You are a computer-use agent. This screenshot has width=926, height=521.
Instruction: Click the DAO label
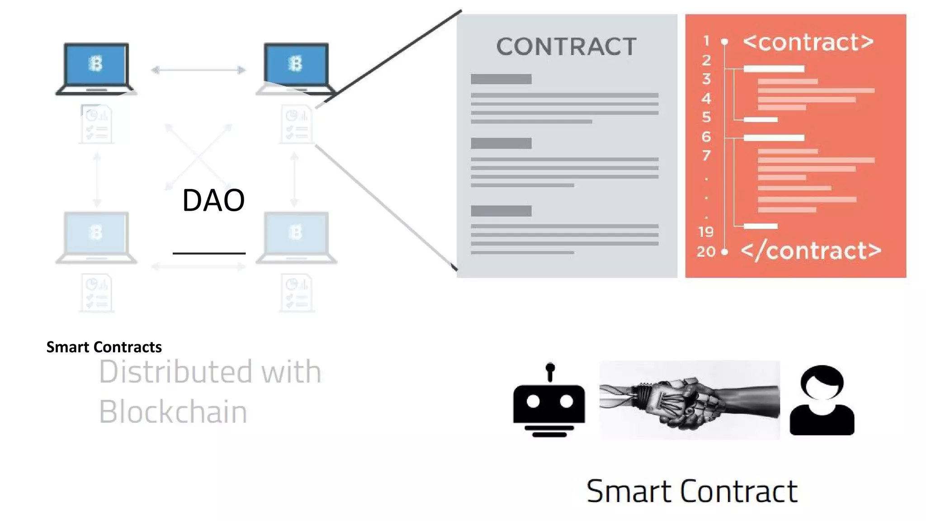tap(213, 200)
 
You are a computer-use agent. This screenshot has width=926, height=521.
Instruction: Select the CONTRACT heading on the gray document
tap(566, 47)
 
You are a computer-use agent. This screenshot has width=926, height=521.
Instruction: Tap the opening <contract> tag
tap(808, 42)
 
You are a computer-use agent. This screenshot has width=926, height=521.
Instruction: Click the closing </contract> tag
tap(811, 251)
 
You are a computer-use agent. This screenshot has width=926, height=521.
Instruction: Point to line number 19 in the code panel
tap(705, 232)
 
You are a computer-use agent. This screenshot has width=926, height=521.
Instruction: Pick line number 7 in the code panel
tap(706, 156)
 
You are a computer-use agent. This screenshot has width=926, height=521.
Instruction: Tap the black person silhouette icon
tap(822, 400)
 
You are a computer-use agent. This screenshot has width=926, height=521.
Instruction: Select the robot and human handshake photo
tap(690, 400)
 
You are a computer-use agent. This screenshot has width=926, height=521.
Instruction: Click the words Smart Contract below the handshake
tap(692, 491)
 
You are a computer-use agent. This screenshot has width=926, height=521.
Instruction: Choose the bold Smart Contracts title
tap(104, 347)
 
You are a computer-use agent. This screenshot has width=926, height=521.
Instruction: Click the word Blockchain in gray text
tap(173, 412)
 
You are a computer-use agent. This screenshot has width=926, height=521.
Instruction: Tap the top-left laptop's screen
tap(96, 64)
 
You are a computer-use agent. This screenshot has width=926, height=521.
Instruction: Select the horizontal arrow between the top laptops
tap(198, 70)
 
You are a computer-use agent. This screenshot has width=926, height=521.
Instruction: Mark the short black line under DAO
tap(209, 253)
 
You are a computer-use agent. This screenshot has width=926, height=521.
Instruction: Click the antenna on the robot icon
tap(550, 371)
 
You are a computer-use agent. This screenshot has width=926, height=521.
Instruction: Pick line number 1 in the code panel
tap(706, 41)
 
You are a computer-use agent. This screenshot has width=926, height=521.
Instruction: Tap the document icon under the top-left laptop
tap(96, 124)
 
